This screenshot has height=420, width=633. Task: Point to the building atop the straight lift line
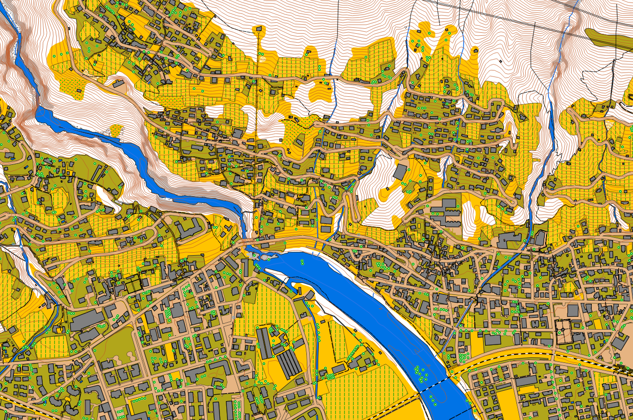pyautogui.click(x=259, y=30)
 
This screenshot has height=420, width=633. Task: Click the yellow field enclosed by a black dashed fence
pyautogui.click(x=343, y=343)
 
